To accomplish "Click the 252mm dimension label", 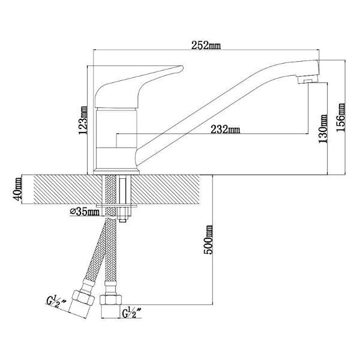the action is click(x=206, y=45).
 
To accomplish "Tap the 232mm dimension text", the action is click(x=225, y=130).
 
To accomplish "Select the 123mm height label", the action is click(x=83, y=120).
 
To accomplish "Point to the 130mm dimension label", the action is click(x=323, y=129).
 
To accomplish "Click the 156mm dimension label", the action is click(x=341, y=118).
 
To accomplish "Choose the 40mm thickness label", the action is click(x=17, y=189).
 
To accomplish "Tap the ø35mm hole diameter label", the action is click(x=85, y=212).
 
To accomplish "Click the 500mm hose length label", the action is click(x=208, y=240).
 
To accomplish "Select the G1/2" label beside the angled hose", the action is click(x=56, y=302).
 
